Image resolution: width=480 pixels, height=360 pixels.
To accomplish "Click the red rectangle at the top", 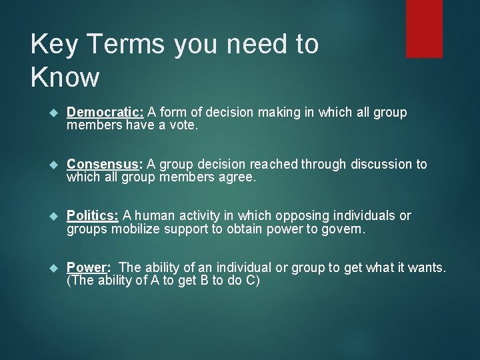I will coord(424,28).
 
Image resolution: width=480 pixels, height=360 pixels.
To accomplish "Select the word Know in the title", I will coord(65,77).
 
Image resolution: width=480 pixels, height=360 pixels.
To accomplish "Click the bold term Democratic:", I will coord(105,113).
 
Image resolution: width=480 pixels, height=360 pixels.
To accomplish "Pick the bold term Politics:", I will coord(93,215).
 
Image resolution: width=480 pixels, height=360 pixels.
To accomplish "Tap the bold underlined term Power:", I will coord(89,267).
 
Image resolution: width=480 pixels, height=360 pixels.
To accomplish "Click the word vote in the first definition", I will coord(184,125).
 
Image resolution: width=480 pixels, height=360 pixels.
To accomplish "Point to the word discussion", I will coord(377,164).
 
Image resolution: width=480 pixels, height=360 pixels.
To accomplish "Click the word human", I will coord(153,215).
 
